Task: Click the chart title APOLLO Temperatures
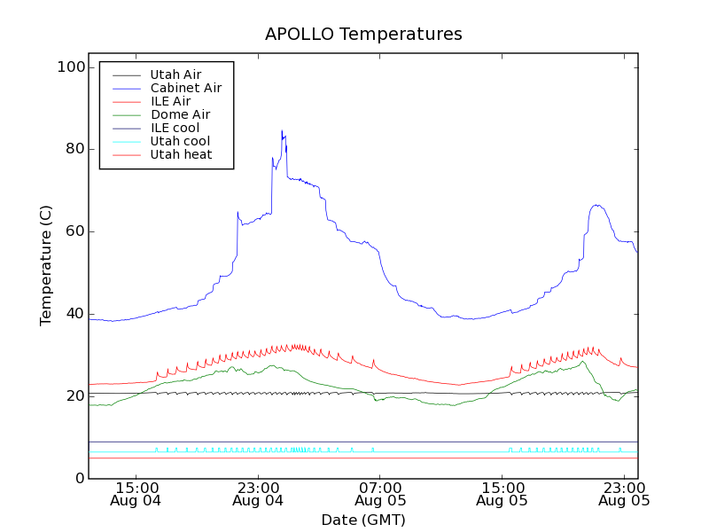363,35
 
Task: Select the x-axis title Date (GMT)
363,520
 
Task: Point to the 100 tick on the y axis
74,67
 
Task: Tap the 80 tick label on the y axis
74,149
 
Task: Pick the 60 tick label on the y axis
74,231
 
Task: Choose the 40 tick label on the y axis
74,314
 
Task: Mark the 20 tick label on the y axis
74,396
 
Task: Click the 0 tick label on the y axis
80,479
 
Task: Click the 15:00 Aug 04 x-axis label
136,493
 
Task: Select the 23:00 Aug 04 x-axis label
258,493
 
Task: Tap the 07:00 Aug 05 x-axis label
380,493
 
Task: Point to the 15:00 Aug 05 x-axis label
502,493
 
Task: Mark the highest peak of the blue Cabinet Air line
282,131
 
